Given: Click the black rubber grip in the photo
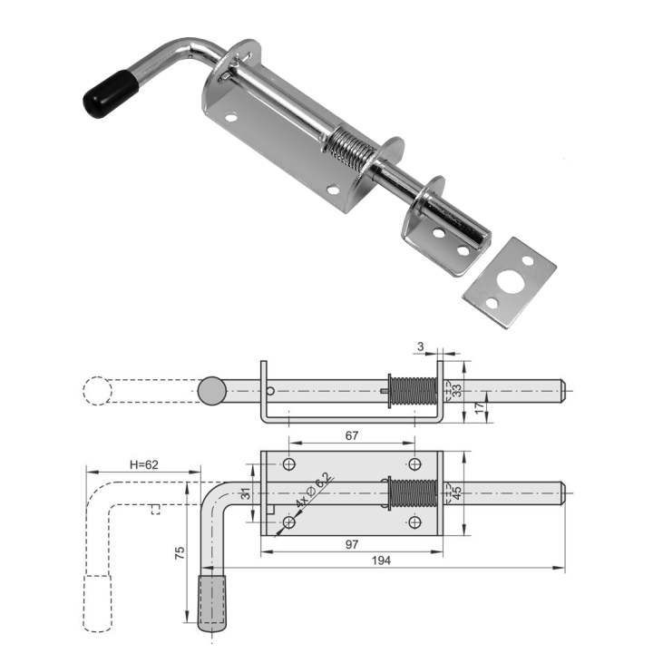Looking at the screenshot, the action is click(x=111, y=94).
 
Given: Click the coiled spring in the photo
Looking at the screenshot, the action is click(x=350, y=150).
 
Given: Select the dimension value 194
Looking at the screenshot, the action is click(x=381, y=560).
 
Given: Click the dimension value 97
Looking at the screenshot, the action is click(x=352, y=544).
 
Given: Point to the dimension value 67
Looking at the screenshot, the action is click(x=352, y=435).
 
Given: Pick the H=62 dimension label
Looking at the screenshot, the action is click(x=144, y=464).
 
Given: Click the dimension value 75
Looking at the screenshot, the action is click(x=180, y=553).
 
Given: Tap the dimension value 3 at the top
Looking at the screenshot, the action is click(x=420, y=346).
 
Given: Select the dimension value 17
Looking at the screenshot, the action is click(x=480, y=407).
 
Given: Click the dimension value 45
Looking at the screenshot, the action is click(x=456, y=493).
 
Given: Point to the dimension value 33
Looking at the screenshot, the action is click(x=456, y=390).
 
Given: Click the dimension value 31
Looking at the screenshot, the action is click(x=246, y=493).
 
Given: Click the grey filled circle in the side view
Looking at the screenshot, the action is click(x=212, y=391).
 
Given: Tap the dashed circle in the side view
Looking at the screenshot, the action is click(x=97, y=391).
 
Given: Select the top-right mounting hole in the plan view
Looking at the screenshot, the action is click(x=414, y=463).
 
